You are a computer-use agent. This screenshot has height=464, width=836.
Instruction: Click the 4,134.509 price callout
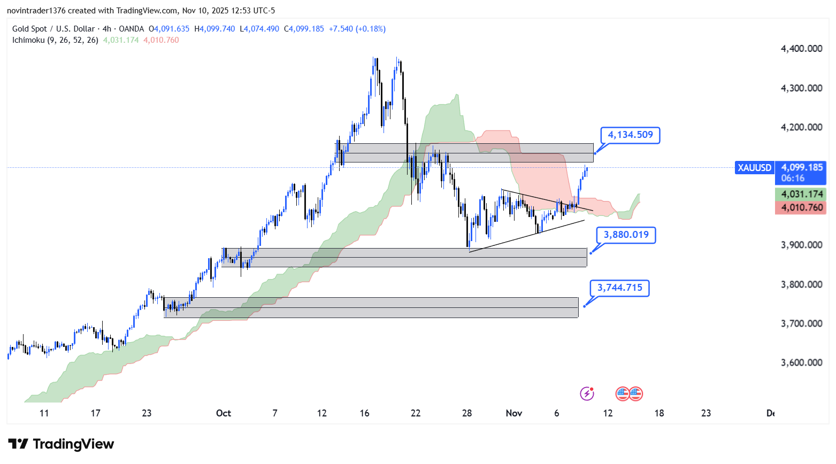coord(630,135)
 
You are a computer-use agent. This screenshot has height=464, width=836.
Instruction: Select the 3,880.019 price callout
coord(626,235)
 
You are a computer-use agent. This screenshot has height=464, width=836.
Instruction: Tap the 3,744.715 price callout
coord(619,288)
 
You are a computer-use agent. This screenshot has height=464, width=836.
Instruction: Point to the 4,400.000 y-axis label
coord(801,49)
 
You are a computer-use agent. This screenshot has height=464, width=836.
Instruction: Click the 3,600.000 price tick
coord(801,362)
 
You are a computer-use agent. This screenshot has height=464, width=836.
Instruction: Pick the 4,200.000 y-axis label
coord(801,127)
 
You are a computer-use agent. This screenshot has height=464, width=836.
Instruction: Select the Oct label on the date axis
coord(224,413)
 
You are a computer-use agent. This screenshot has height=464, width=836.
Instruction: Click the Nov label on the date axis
coord(513,413)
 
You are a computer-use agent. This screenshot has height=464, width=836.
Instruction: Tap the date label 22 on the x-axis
coord(416,413)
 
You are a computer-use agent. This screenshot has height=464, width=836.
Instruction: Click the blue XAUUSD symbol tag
coord(754,168)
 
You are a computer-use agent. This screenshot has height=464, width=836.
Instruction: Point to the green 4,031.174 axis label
coord(801,194)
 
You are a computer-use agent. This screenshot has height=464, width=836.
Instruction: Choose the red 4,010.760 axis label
coord(801,207)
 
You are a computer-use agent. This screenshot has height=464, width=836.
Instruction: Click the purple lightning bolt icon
coord(587,394)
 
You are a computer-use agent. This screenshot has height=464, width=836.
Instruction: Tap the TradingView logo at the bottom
coord(61,444)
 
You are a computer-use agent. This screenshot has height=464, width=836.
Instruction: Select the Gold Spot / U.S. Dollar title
coord(53,29)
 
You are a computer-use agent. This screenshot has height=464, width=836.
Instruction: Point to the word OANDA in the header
coord(131,29)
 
